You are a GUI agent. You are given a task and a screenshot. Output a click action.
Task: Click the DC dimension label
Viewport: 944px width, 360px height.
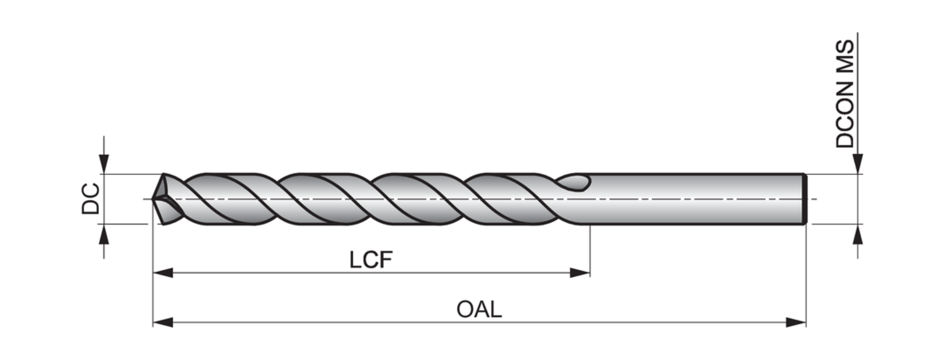(91, 199)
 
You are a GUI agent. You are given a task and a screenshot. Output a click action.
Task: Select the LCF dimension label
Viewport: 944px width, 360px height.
(371, 259)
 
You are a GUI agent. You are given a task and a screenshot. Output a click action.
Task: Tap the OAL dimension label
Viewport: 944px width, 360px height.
(479, 309)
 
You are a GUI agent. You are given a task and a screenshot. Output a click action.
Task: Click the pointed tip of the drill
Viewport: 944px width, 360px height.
(154, 199)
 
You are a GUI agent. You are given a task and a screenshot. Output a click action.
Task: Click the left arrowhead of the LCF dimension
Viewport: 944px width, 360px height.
(163, 273)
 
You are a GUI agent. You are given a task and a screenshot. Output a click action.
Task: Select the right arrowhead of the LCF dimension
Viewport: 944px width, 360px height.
(580, 273)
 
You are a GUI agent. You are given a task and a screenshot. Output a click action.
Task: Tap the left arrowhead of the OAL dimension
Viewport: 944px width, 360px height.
(163, 322)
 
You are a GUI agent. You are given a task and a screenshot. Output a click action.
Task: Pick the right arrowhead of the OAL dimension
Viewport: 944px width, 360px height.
(796, 322)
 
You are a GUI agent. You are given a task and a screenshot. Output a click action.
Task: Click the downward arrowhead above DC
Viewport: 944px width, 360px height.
(104, 164)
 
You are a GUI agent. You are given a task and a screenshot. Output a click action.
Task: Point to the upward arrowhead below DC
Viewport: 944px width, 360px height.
(104, 233)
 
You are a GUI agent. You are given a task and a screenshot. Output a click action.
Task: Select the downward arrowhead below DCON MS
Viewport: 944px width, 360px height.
(858, 164)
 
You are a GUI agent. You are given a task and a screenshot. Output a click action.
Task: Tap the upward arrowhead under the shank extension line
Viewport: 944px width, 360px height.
(858, 233)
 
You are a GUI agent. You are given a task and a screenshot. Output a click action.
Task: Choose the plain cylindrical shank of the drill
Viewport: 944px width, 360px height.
(692, 199)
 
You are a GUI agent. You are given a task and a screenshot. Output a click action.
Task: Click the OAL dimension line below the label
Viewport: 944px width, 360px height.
(479, 322)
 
